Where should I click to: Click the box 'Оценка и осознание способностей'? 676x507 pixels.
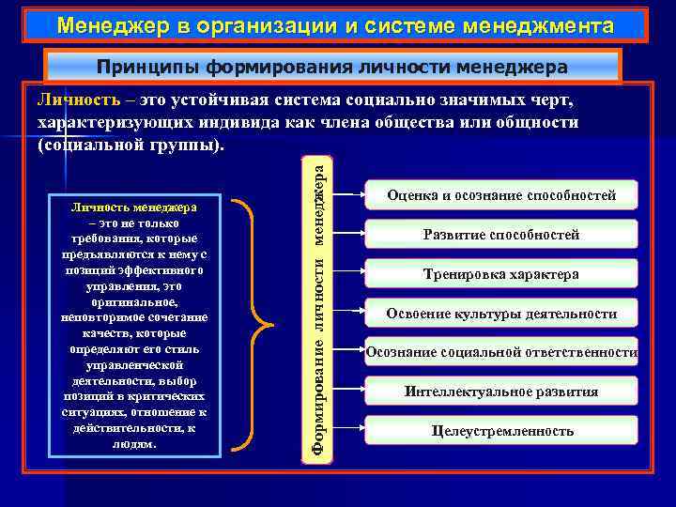502,195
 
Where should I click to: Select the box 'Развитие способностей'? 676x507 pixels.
502,235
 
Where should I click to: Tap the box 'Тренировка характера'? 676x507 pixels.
502,274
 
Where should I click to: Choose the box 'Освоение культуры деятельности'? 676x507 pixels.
502,314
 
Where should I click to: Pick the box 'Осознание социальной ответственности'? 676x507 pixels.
502,352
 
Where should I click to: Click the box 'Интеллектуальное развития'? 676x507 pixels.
502,392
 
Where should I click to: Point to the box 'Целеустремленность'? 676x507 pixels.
502,431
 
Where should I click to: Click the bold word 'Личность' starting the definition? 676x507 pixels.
70,100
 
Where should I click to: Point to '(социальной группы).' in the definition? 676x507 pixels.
131,145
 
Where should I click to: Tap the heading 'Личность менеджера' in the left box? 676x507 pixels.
134,207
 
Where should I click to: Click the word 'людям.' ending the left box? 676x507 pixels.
134,444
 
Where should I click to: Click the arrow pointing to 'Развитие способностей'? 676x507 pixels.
351,235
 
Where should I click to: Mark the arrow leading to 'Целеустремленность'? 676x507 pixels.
351,431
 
